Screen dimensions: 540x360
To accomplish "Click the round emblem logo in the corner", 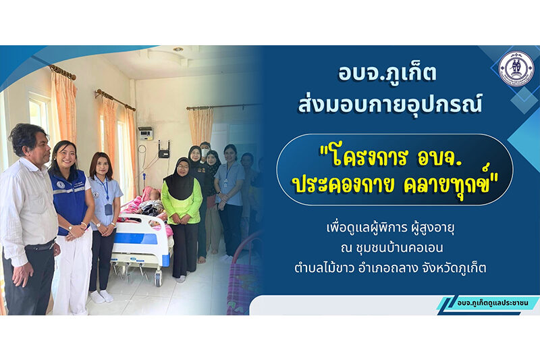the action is (x=516, y=69).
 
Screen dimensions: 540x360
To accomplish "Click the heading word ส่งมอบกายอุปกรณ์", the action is (x=389, y=103).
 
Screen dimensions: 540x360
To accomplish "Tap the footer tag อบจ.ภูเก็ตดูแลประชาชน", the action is (x=493, y=303).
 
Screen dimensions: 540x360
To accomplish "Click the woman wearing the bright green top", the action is (x=181, y=216).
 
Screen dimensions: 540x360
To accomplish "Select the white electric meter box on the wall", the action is (x=145, y=133).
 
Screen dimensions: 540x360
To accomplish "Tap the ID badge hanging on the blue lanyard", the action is (x=108, y=209).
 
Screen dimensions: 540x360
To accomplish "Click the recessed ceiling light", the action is (x=178, y=49).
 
